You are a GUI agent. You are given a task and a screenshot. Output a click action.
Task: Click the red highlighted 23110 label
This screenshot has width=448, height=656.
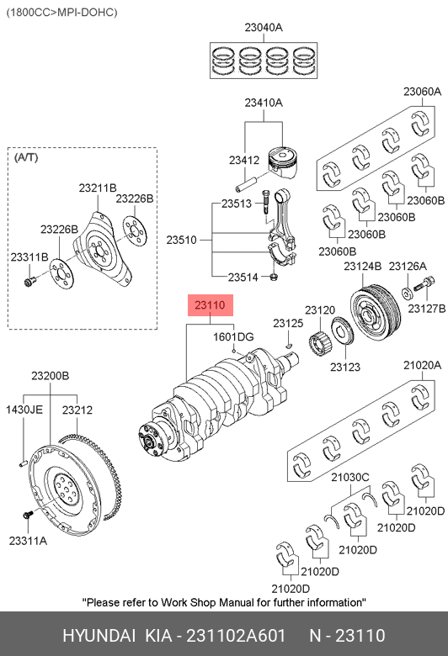(x=210, y=305)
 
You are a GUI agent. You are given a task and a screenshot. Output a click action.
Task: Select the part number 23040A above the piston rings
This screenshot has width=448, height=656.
(x=264, y=28)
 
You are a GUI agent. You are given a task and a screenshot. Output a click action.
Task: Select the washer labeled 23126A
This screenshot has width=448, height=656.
(x=408, y=293)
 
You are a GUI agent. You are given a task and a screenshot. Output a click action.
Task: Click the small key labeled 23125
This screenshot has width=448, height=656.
(x=288, y=345)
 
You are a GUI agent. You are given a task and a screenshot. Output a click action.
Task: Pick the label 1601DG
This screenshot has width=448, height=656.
(x=233, y=336)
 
